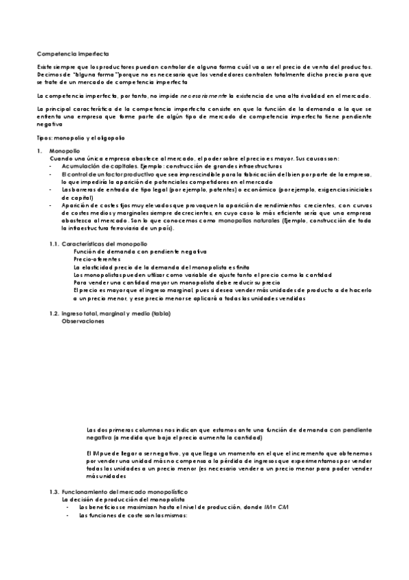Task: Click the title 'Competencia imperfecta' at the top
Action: pyautogui.click(x=72, y=53)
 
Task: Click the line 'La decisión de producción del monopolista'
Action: pyautogui.click(x=122, y=501)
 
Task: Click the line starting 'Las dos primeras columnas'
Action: pyautogui.click(x=229, y=430)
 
